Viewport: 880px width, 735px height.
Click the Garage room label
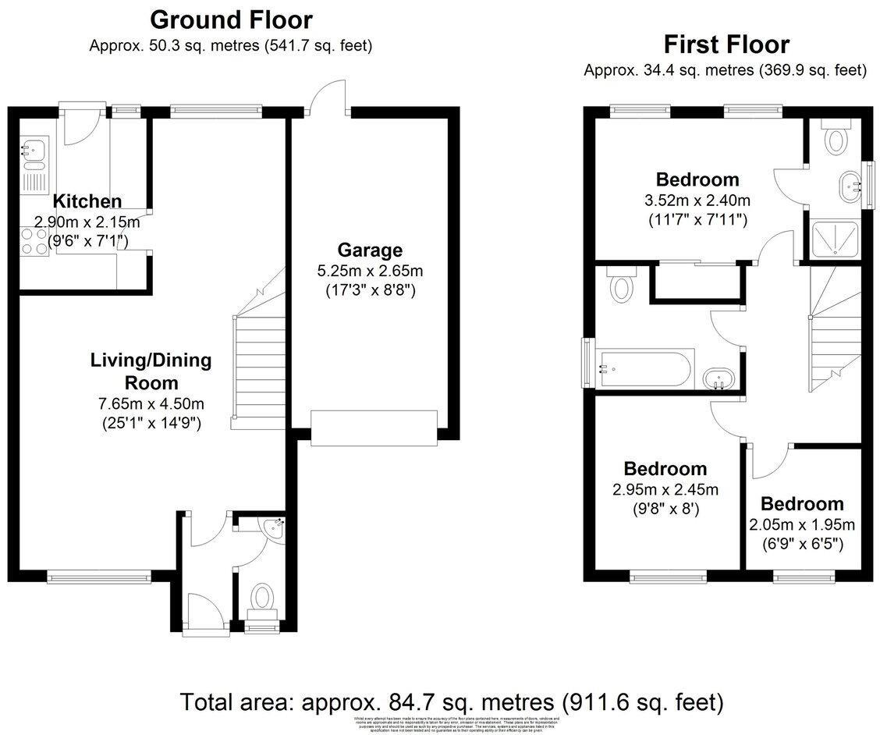(x=370, y=250)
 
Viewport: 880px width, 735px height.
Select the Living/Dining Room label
(x=140, y=371)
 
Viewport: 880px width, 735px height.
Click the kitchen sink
(x=34, y=148)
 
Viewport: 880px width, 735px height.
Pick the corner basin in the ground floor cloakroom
(x=275, y=528)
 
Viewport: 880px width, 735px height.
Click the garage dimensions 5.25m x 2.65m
(x=370, y=272)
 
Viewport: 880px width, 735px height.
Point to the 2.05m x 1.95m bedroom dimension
(x=802, y=524)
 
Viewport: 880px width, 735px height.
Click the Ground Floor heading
(x=231, y=19)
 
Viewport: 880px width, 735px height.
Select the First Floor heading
(x=726, y=44)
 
